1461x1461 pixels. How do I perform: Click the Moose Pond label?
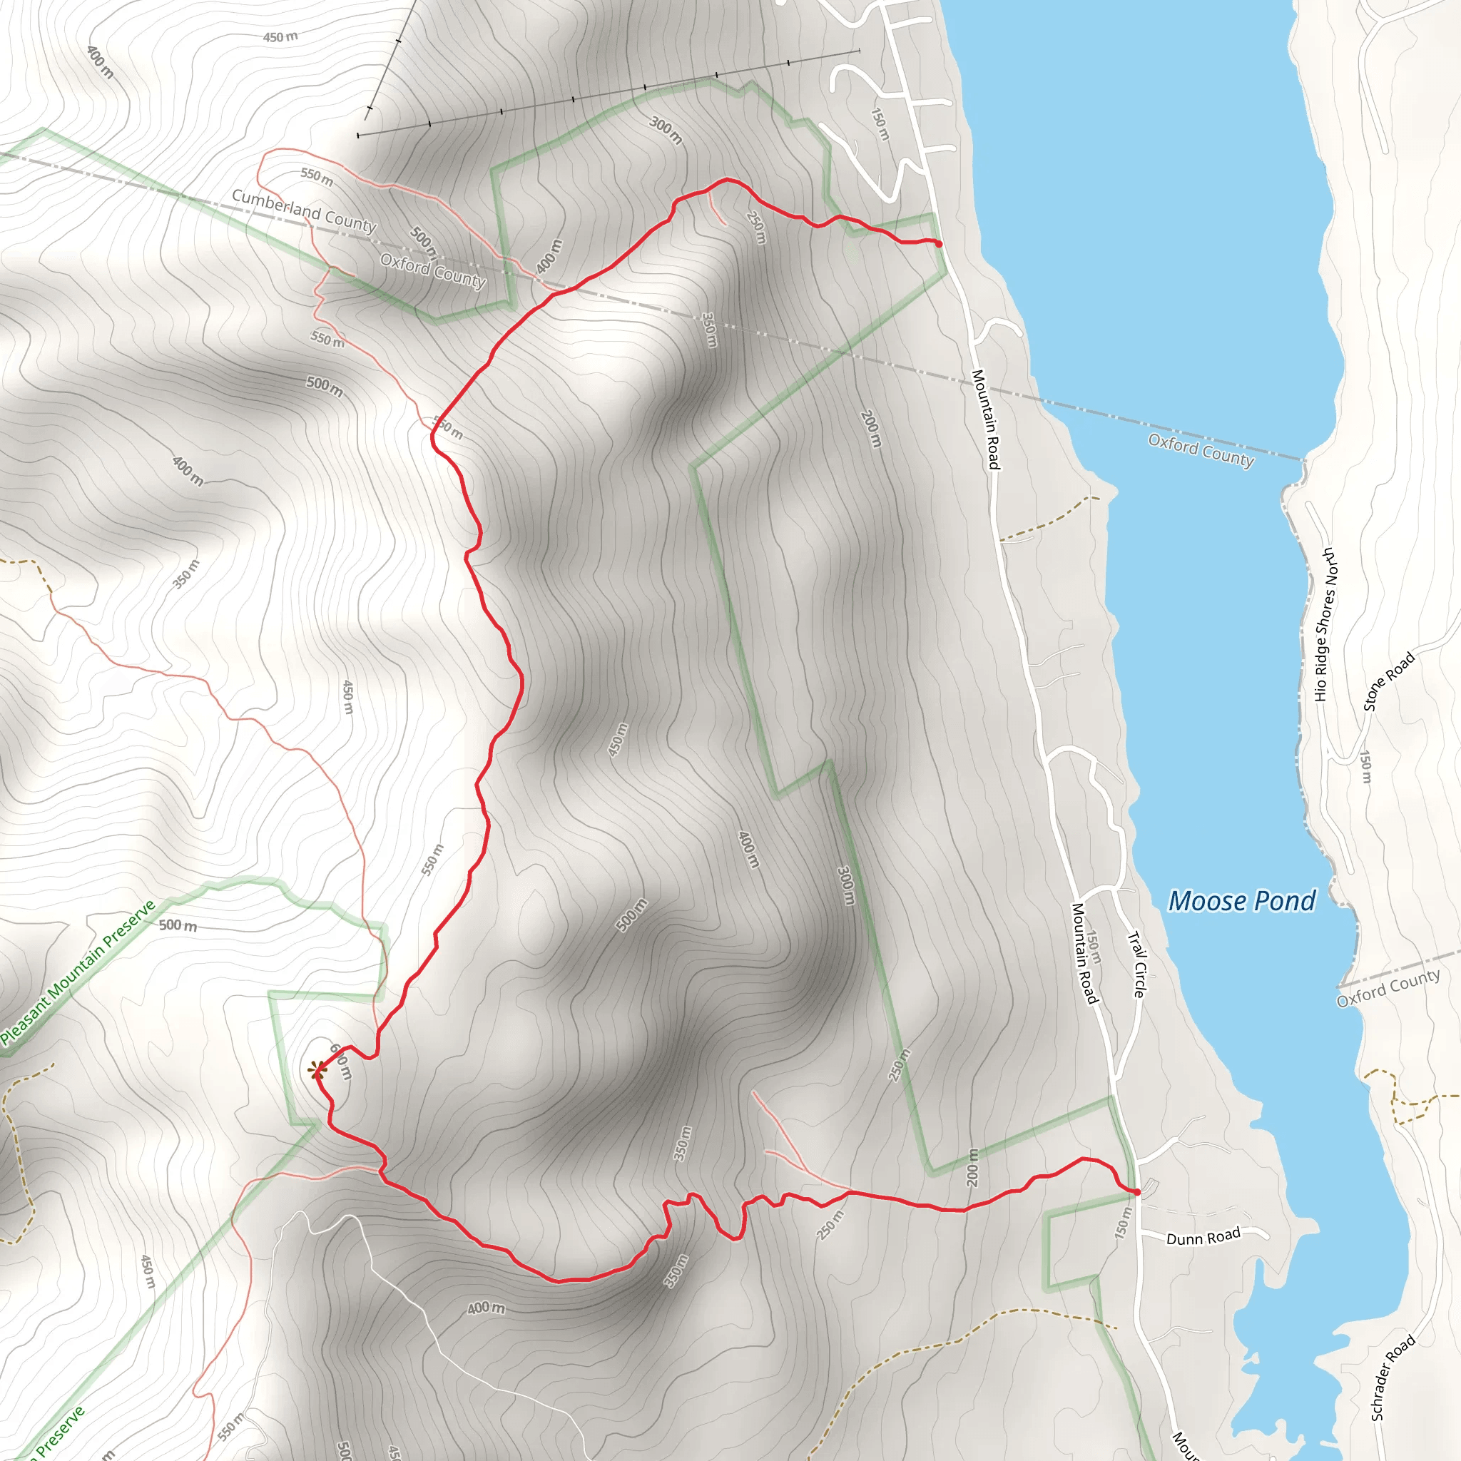1242,901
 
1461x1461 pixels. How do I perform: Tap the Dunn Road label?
1203,1236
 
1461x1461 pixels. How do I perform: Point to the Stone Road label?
1388,681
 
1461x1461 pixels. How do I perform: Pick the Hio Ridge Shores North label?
1325,625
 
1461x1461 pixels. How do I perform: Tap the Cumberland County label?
304,210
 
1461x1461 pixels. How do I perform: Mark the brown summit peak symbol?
317,1069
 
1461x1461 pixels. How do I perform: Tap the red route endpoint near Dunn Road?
1136,1192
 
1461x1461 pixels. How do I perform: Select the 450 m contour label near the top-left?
280,37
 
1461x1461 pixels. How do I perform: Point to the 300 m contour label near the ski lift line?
666,130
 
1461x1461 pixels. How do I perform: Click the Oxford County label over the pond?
1201,450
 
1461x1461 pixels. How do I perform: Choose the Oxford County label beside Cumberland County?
432,270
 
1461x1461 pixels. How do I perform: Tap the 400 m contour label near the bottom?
486,1308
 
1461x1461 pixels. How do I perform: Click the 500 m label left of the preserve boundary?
178,925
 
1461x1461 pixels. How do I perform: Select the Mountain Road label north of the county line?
985,419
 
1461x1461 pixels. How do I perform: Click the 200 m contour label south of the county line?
871,428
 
